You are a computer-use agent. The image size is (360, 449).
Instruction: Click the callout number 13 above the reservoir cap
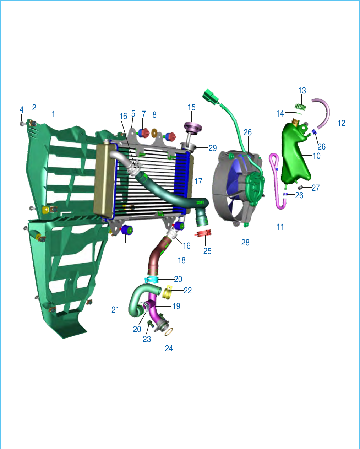(x=302, y=91)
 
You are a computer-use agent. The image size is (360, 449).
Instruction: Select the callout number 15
(x=191, y=107)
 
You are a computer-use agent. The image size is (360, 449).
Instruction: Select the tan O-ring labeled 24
(x=169, y=332)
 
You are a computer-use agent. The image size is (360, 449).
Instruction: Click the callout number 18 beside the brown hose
(x=182, y=260)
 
